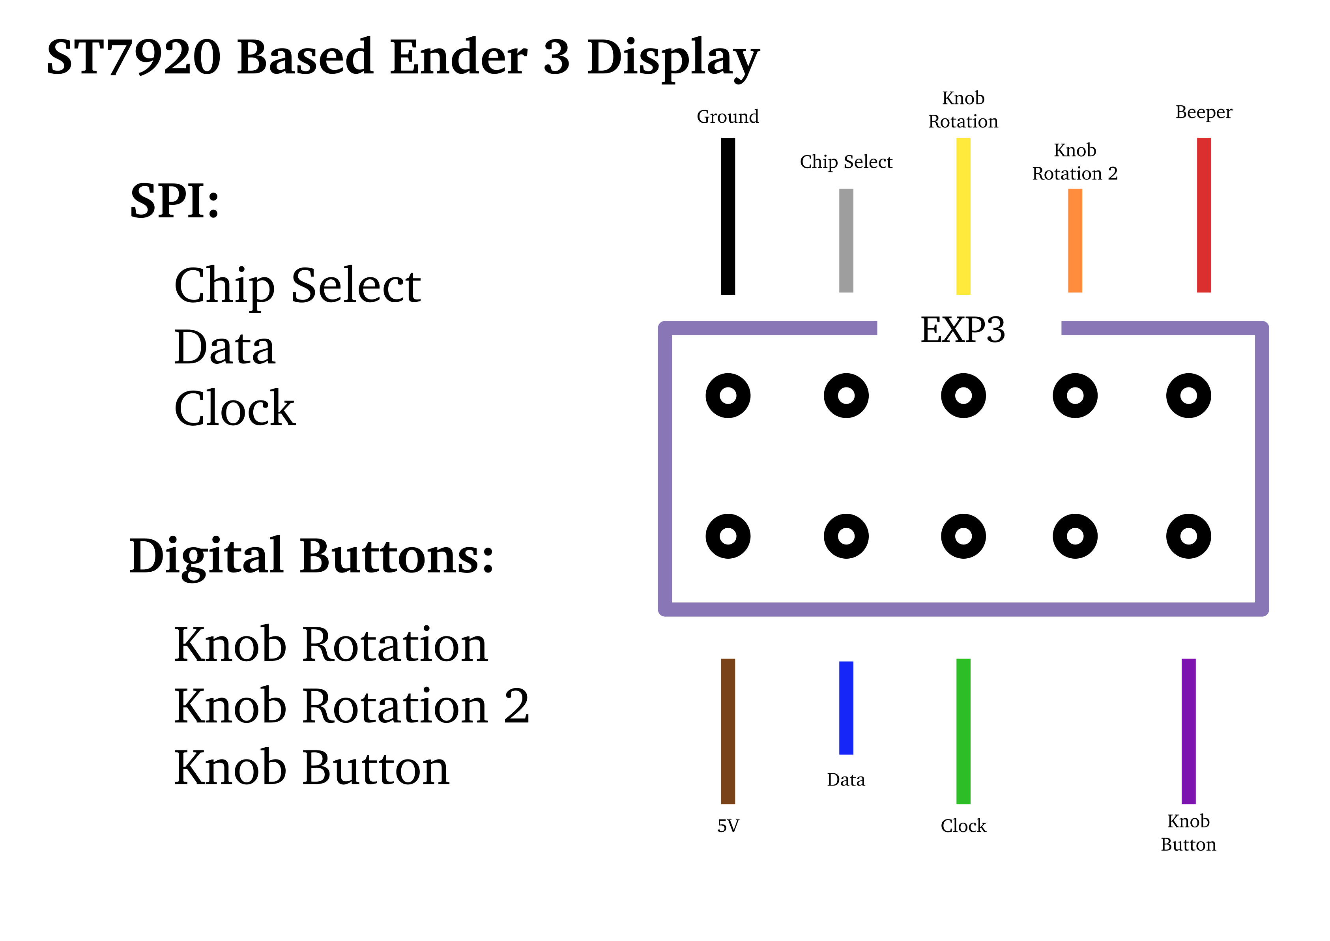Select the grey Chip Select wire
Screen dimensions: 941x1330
(846, 240)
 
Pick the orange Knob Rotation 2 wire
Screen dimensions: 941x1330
(1075, 240)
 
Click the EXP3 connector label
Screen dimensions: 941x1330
(962, 330)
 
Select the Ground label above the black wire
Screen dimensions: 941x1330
(728, 116)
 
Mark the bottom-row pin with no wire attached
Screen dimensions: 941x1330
(1075, 536)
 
